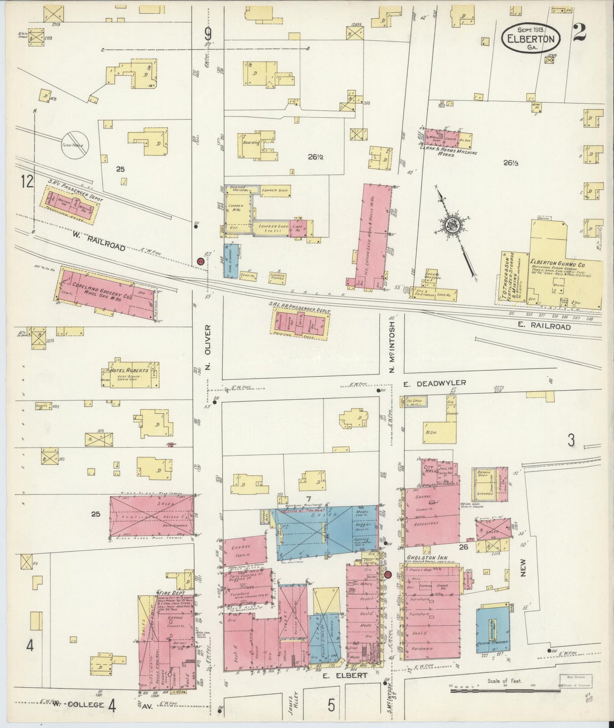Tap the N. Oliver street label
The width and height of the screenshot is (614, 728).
[207, 347]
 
